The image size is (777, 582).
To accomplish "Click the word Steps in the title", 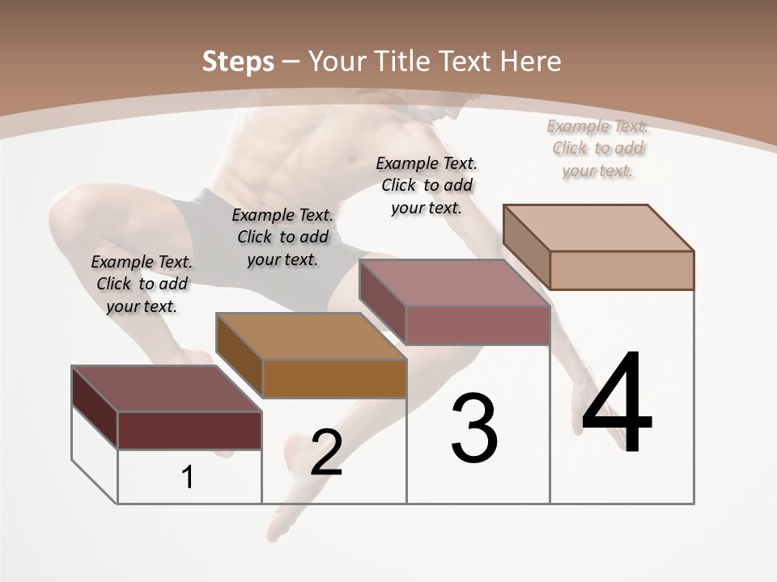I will tap(238, 61).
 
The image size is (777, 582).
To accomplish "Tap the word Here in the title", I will tap(530, 61).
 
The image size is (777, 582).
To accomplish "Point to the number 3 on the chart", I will tap(474, 428).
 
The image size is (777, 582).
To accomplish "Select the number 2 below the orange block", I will tap(326, 453).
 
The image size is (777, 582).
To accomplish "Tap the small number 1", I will tap(188, 478).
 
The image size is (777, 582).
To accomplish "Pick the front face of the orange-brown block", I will tap(334, 378).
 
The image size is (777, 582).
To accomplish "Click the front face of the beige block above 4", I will tap(622, 270).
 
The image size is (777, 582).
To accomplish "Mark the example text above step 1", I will tap(142, 284).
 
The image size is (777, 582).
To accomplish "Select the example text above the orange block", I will tap(282, 237).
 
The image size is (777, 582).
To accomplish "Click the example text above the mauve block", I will tap(427, 185).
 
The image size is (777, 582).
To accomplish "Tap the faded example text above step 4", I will tap(597, 148).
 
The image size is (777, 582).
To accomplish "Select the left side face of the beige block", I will tap(527, 247).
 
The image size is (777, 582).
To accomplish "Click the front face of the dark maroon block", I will tap(189, 430).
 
